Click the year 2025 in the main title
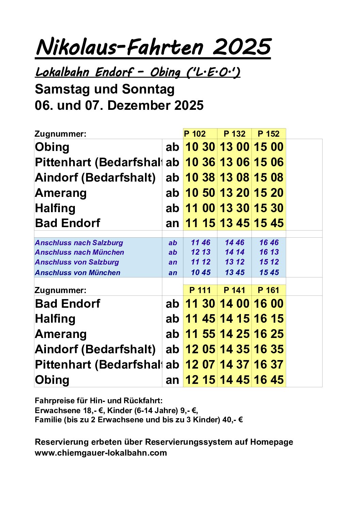click(242, 47)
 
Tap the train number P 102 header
click(195, 134)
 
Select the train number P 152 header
click(268, 134)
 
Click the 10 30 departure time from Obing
click(200, 147)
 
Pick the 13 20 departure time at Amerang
click(234, 193)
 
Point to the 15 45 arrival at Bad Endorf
click(268, 223)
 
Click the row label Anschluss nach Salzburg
click(79, 243)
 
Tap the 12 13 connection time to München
click(200, 252)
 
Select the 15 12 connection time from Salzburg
click(269, 262)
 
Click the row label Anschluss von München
click(78, 273)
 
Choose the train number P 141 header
click(234, 290)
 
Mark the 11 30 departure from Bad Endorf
click(200, 304)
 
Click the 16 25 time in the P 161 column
click(268, 334)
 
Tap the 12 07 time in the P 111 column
click(200, 364)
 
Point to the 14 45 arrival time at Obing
click(234, 380)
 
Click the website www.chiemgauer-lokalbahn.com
click(101, 453)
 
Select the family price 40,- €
click(232, 420)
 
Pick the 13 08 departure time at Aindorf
click(234, 177)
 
